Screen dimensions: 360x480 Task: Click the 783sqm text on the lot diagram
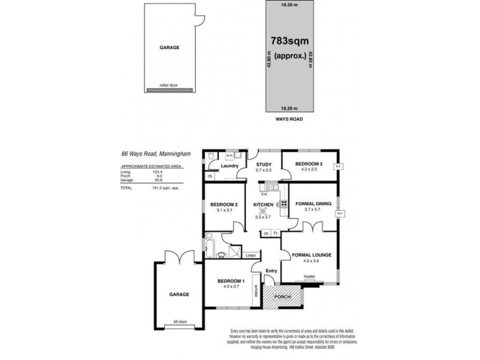(x=289, y=41)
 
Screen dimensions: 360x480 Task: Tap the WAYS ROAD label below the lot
(x=289, y=120)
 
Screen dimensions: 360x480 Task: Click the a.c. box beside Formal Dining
(x=340, y=213)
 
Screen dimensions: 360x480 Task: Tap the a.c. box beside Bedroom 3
(x=338, y=167)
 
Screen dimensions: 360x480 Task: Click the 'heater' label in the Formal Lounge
(x=309, y=277)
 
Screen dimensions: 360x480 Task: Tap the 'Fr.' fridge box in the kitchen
(x=275, y=233)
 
